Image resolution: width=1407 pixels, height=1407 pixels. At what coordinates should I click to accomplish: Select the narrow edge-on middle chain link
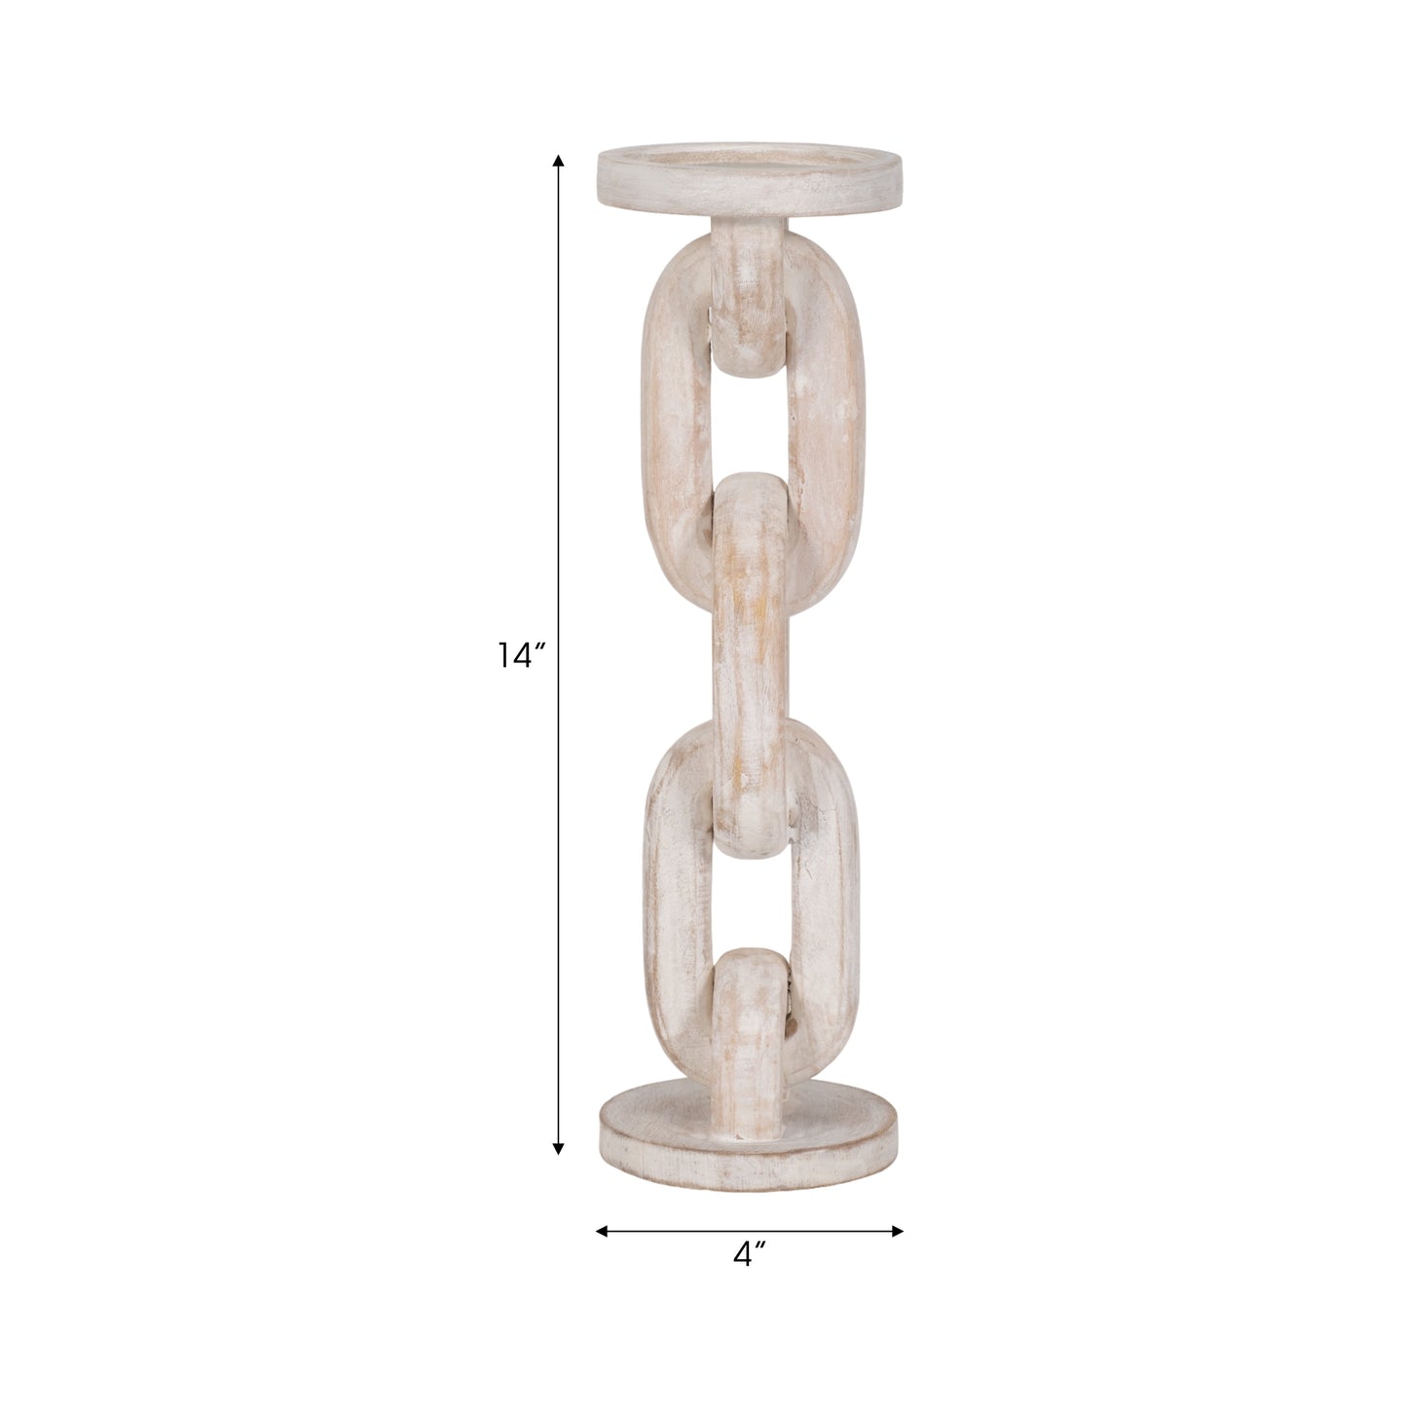tap(752, 662)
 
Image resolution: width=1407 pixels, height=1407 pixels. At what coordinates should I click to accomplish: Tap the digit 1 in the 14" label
tap(503, 656)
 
